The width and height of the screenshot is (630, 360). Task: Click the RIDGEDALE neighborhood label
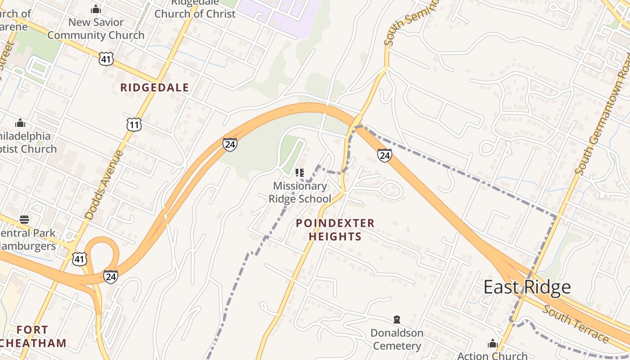point(154,88)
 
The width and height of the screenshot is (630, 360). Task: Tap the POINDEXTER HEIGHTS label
point(335,229)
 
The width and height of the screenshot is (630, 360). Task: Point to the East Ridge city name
point(527,287)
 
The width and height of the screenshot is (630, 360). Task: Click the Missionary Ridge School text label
point(300,192)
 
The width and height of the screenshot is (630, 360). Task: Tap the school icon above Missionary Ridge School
point(299,172)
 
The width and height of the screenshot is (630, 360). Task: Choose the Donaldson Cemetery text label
point(396,339)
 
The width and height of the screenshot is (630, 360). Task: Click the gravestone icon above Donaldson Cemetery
point(396,319)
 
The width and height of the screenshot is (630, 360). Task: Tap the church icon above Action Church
point(493,344)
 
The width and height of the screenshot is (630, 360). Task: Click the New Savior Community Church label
point(96,28)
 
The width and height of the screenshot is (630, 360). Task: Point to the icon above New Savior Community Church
point(95,9)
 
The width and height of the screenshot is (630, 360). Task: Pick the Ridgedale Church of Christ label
point(194,10)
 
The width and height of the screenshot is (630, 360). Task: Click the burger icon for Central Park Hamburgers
point(24,220)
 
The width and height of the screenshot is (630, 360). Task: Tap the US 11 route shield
point(134,124)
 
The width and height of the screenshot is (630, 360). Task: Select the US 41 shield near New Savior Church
point(106,58)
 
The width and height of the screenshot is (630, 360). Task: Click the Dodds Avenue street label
point(104,185)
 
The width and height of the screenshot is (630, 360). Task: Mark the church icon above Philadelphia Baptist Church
point(20,123)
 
